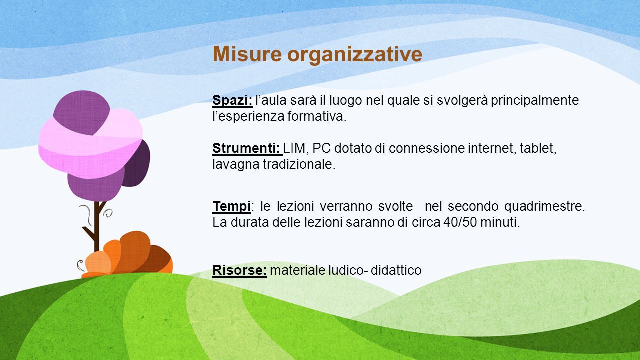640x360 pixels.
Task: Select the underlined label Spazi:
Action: (232, 100)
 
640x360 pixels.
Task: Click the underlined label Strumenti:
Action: (247, 148)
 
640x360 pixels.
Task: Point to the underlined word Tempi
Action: (232, 207)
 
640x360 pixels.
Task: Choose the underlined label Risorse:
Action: (240, 270)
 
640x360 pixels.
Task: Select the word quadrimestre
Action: (545, 207)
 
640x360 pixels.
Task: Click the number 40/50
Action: (460, 222)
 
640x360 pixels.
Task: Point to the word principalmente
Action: (535, 101)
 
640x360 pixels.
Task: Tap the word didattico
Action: (396, 270)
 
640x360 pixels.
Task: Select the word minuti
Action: (500, 222)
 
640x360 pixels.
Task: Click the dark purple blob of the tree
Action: (136, 163)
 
